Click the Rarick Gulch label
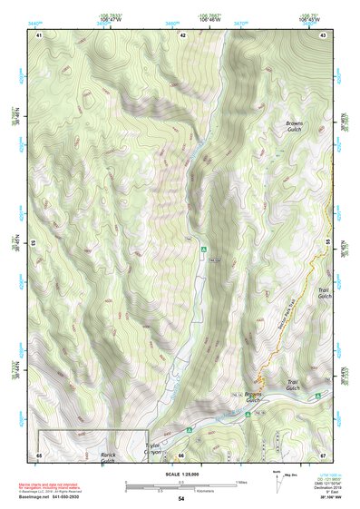[108, 457]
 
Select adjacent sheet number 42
[182, 35]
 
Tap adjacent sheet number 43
[324, 35]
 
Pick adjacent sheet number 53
[34, 244]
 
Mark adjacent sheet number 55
[327, 244]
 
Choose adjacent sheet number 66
[181, 455]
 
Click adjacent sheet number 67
[323, 455]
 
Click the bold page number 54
[180, 499]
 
